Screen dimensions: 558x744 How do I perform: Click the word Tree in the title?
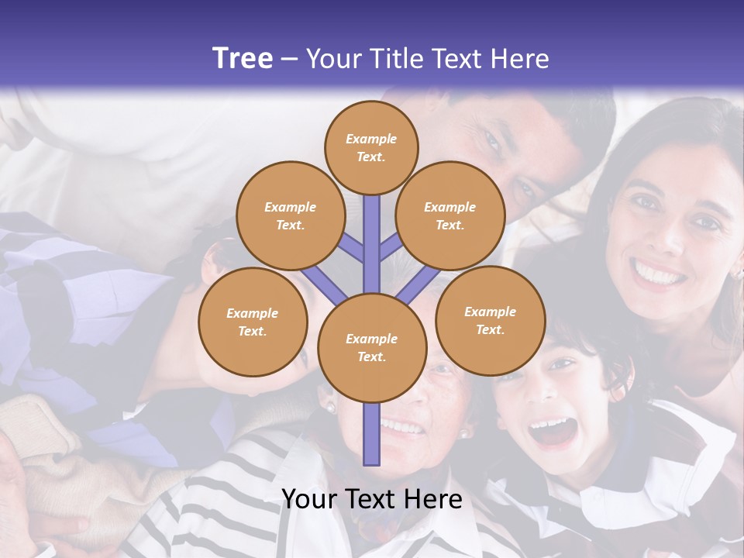click(243, 59)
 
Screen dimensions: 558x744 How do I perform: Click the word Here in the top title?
click(522, 59)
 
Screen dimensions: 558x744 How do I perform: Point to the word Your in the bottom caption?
click(308, 499)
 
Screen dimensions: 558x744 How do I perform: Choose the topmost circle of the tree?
click(371, 147)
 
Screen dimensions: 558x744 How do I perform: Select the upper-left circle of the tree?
click(290, 215)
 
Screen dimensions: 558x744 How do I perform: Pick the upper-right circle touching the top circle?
click(450, 215)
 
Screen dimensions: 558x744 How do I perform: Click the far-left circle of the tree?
click(253, 322)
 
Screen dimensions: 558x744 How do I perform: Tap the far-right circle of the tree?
click(490, 320)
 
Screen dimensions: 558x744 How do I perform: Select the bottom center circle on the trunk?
click(372, 348)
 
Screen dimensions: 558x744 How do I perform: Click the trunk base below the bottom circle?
click(372, 438)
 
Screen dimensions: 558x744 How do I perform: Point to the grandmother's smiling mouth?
click(403, 426)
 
